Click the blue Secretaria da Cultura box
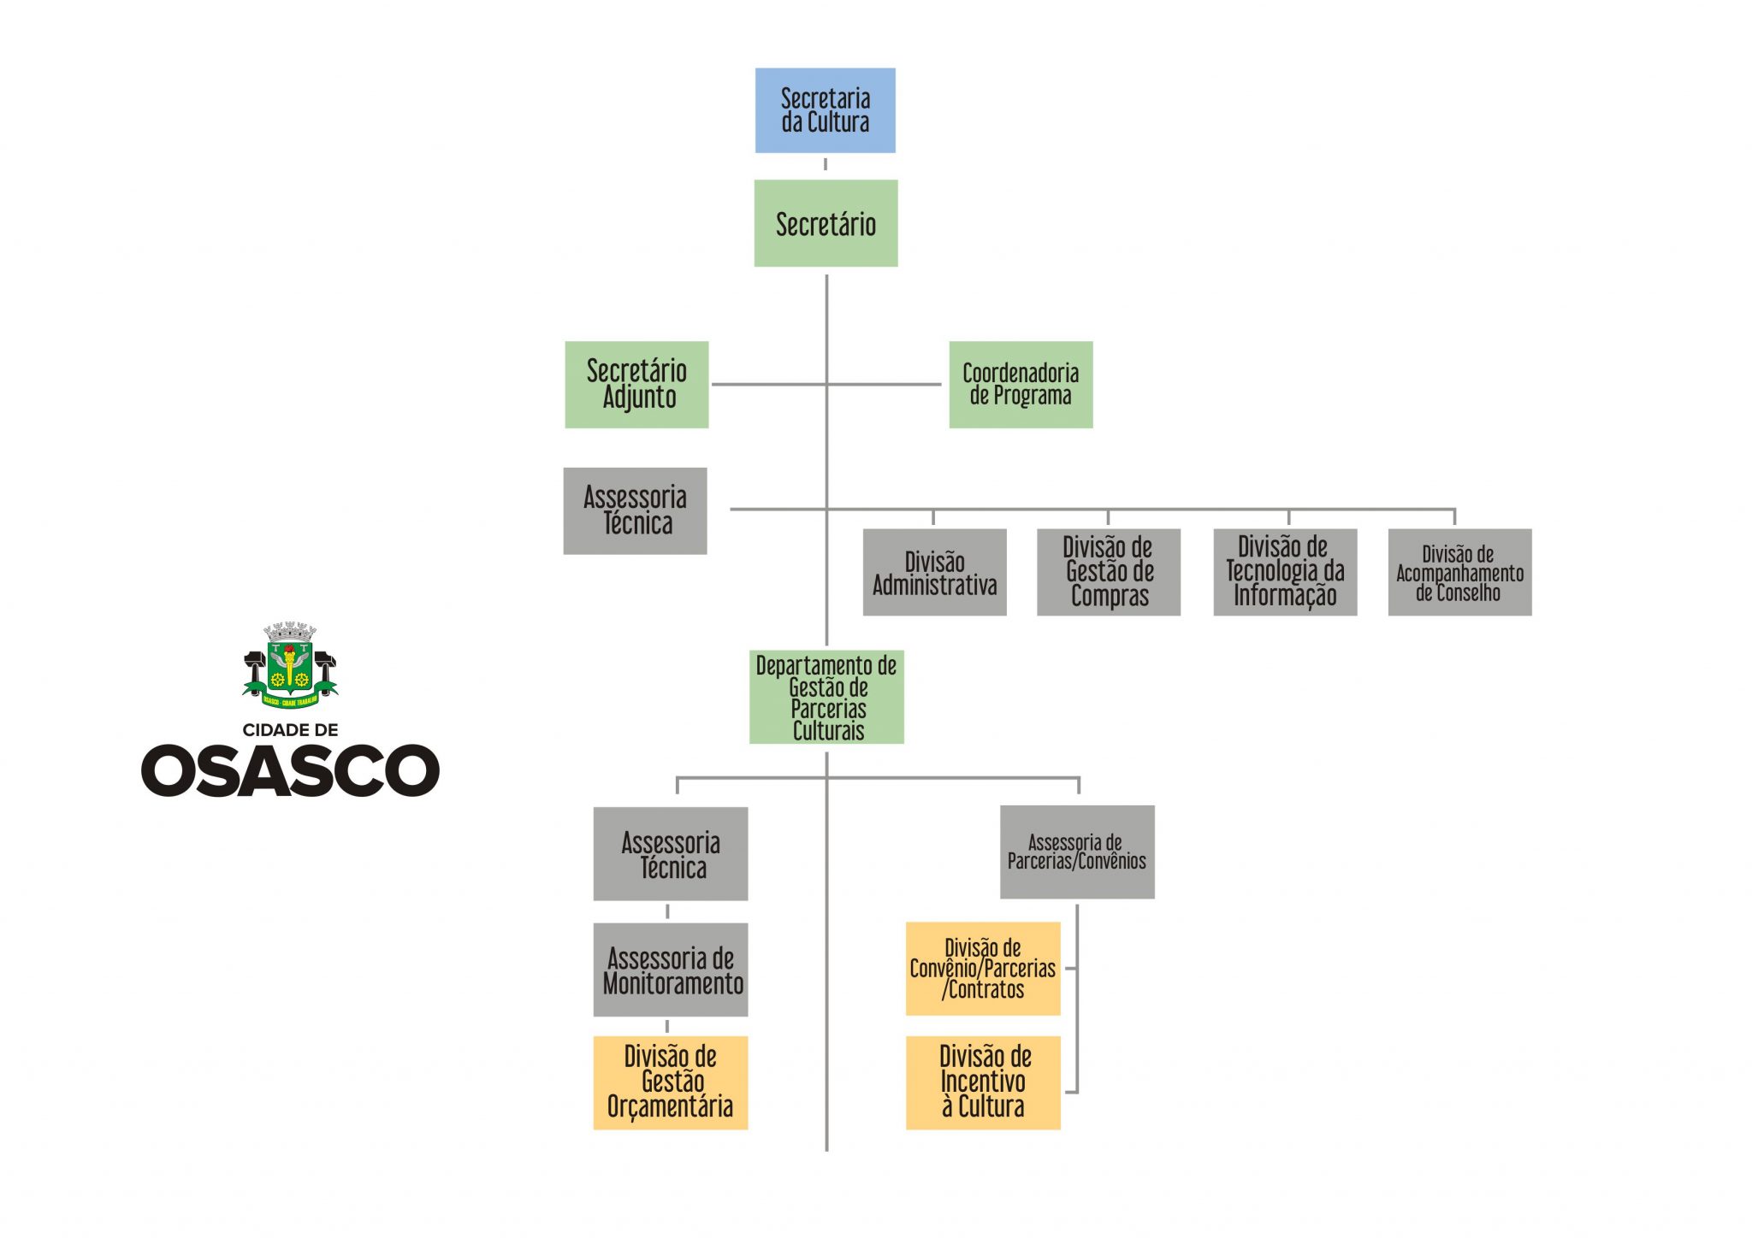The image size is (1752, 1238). (825, 110)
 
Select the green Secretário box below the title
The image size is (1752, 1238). (826, 223)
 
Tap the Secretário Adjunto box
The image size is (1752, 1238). (636, 385)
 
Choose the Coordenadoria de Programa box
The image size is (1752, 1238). (1021, 385)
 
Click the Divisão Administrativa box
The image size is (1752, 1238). (934, 572)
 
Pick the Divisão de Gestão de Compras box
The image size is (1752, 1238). (1108, 572)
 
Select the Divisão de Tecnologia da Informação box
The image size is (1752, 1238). (1285, 572)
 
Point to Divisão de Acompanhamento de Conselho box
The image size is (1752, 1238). (1459, 572)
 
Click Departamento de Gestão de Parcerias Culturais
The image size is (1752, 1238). (826, 697)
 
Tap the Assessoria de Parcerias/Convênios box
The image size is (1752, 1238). (1077, 852)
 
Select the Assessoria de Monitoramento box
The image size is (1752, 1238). (671, 970)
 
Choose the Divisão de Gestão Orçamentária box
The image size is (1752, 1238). (671, 1082)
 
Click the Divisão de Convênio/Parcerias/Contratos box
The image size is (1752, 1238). (983, 969)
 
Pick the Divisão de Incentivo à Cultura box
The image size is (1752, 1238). (983, 1082)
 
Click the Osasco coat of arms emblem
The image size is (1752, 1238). (290, 666)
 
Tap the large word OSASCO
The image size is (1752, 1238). (290, 770)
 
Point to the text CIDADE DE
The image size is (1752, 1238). (290, 730)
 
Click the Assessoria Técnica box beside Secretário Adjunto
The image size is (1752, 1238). (635, 510)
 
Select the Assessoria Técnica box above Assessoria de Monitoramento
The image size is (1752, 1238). (671, 853)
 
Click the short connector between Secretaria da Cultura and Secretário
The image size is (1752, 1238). (825, 164)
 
